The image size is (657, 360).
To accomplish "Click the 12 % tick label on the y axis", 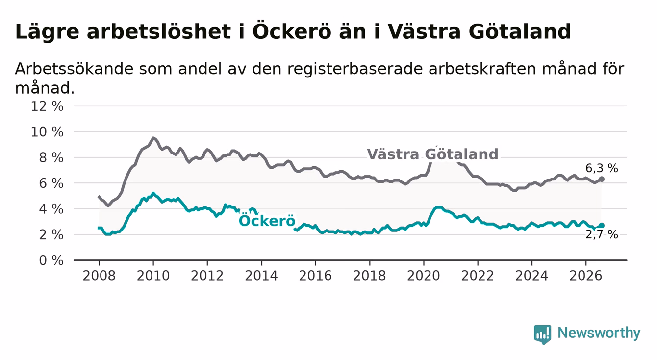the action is point(47,106).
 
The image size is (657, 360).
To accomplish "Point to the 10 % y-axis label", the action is point(47,132).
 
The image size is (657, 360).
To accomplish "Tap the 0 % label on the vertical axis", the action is point(51,260).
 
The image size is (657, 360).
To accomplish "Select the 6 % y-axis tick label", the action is point(51,183).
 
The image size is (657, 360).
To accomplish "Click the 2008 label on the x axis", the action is point(99,276).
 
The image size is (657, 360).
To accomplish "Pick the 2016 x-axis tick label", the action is point(315,276).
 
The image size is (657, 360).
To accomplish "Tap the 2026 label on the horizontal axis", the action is point(586,276).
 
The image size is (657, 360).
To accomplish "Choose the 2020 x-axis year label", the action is point(424,276).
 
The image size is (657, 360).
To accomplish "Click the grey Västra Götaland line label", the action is point(432,154).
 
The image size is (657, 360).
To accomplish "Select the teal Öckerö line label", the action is point(267,220).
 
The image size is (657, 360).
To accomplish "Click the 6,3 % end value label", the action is point(602,168).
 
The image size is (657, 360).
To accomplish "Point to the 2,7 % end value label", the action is point(602,235).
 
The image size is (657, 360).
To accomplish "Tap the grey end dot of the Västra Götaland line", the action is point(601,179).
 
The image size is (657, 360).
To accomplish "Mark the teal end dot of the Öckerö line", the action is point(601,225).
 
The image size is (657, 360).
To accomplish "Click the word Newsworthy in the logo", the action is point(599,333).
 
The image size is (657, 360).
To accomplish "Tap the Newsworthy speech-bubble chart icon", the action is point(543,334).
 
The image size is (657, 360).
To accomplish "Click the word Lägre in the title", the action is point(47,32).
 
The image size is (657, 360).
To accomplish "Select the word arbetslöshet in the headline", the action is point(159,31).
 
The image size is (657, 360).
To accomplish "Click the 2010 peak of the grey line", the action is point(153,137).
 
